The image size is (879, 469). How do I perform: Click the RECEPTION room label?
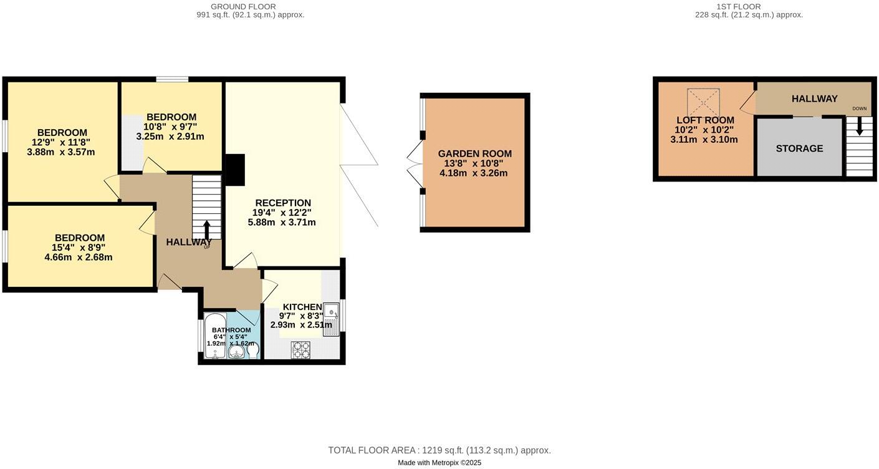(x=282, y=203)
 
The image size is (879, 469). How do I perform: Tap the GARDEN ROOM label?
(x=474, y=153)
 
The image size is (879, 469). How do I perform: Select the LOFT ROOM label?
(x=705, y=120)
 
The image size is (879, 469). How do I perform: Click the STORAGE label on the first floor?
(x=799, y=148)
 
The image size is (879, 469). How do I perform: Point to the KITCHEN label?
(x=302, y=307)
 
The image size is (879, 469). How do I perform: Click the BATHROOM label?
(x=231, y=330)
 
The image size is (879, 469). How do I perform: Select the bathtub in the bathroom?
(x=215, y=336)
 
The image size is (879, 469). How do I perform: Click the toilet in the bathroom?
(x=253, y=352)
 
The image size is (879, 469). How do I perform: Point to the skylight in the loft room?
(x=703, y=102)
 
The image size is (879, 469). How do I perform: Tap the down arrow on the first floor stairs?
(x=860, y=127)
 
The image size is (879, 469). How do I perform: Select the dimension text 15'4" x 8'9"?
(x=79, y=248)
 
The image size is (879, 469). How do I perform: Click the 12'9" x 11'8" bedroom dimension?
(x=61, y=142)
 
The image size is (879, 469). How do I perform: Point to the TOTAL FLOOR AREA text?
(x=439, y=450)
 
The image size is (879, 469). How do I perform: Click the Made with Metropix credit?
(x=439, y=463)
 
